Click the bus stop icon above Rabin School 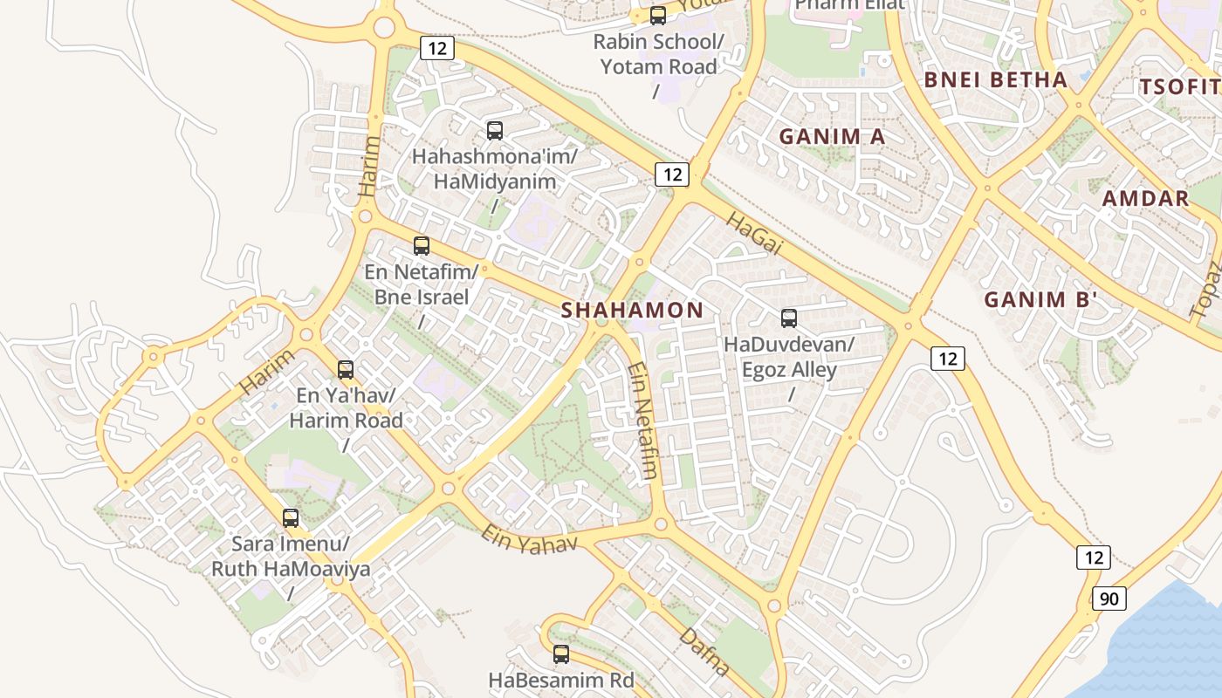tap(658, 16)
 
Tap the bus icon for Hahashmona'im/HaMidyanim tap(495, 131)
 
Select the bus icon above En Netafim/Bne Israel tap(422, 246)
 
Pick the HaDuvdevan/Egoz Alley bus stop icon tap(789, 318)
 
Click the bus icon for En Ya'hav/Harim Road tap(346, 370)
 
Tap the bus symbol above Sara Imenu tap(291, 518)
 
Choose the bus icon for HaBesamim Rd tap(561, 654)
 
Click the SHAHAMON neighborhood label tap(632, 310)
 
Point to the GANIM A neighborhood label tap(832, 137)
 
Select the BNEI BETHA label tap(995, 80)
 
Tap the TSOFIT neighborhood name tap(1178, 87)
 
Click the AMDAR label tap(1145, 198)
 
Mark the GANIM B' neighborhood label tap(1040, 300)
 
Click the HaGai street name tap(753, 234)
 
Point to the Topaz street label tap(1205, 289)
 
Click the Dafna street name tap(704, 651)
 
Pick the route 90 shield tap(1108, 599)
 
